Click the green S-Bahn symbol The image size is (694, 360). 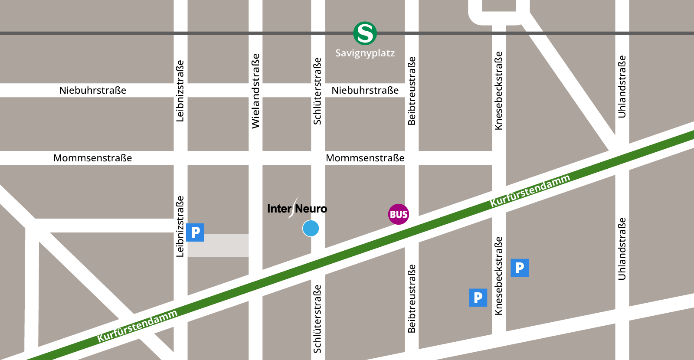[365, 33]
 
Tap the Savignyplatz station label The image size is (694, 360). [365, 53]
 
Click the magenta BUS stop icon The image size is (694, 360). [398, 214]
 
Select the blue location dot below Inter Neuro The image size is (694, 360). [311, 228]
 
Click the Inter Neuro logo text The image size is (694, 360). [297, 209]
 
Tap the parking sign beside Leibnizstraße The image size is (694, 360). [195, 232]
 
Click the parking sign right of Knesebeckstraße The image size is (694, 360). [519, 268]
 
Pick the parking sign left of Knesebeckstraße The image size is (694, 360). [478, 298]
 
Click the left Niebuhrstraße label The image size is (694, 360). [92, 90]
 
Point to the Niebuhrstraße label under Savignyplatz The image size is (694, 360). [365, 90]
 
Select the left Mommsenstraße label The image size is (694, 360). [92, 158]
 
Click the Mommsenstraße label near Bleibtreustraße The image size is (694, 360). [365, 158]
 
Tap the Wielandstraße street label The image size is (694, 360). [255, 91]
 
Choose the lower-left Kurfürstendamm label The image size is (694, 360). [137, 326]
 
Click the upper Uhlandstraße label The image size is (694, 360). [622, 86]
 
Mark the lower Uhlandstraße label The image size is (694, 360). [622, 249]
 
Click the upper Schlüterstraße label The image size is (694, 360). [318, 91]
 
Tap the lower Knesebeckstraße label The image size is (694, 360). [499, 275]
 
